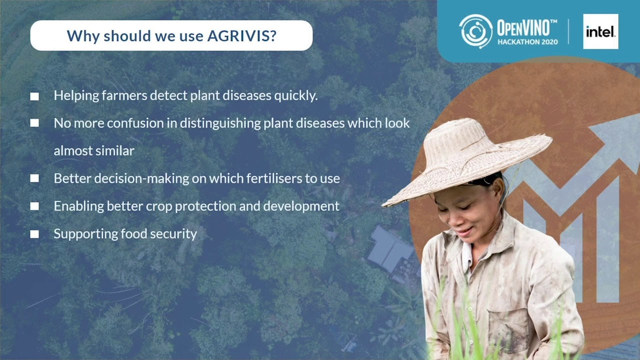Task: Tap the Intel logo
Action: coord(600,32)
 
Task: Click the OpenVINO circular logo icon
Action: coord(475,31)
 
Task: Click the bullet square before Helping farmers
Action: coord(34,96)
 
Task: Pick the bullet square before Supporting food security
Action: coord(34,234)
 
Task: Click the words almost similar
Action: coord(94,151)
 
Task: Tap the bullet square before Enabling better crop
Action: coord(34,206)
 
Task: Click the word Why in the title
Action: coord(80,36)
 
